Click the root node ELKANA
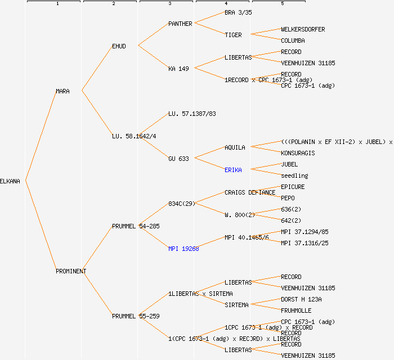tap(10, 181)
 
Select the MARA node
tap(62, 91)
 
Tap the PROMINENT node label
tap(71, 271)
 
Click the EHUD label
tap(119, 46)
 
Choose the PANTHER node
tap(180, 24)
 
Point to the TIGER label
tap(233, 35)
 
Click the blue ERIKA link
tap(233, 170)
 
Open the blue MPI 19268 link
tap(183, 249)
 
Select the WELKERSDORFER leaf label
tap(303, 29)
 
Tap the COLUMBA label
tap(293, 40)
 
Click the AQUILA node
tap(235, 147)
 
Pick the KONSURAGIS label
tap(298, 153)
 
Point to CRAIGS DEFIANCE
tap(250, 192)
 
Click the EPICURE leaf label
tap(293, 187)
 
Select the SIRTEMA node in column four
tap(236, 305)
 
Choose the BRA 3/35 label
tap(238, 12)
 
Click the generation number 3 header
tap(169, 4)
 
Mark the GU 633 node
tap(178, 159)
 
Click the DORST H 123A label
tap(301, 299)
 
